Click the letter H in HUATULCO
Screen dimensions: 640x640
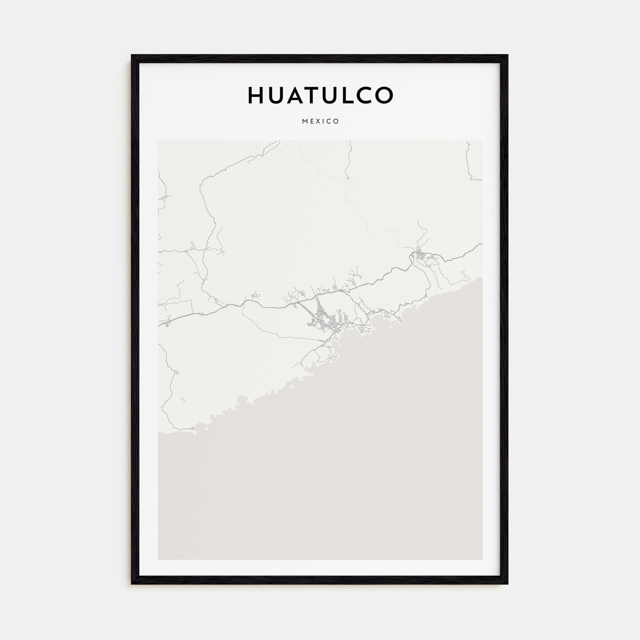point(256,95)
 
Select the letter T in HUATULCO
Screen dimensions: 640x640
point(318,95)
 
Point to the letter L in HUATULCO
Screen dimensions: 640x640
point(357,95)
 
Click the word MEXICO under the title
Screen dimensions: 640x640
point(320,122)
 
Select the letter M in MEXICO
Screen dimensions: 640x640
point(304,122)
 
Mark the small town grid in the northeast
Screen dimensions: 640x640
point(420,255)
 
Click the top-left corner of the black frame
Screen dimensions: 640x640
point(133,56)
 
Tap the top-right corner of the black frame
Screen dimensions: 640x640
point(507,56)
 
